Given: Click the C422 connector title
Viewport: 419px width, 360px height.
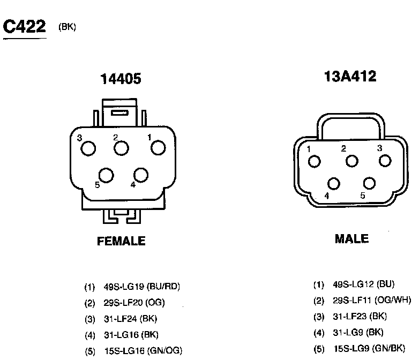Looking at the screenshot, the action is coord(24,26).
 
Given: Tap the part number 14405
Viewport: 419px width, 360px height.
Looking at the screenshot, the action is coord(121,79).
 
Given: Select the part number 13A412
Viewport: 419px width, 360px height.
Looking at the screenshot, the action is coord(350,76).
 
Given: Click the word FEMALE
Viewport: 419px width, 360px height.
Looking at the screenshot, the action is coord(121,241).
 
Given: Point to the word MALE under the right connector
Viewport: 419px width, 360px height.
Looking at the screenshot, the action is coord(351,239).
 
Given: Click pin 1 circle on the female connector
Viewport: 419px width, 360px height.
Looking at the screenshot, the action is coord(158,147).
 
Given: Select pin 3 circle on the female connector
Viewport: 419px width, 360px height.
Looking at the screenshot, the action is coord(88,148).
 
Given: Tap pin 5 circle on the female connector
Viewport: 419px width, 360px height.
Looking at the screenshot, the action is coord(106,175).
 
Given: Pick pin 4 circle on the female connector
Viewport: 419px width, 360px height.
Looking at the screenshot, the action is coord(141,175).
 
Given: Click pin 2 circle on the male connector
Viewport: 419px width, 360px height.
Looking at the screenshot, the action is coord(351,161).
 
